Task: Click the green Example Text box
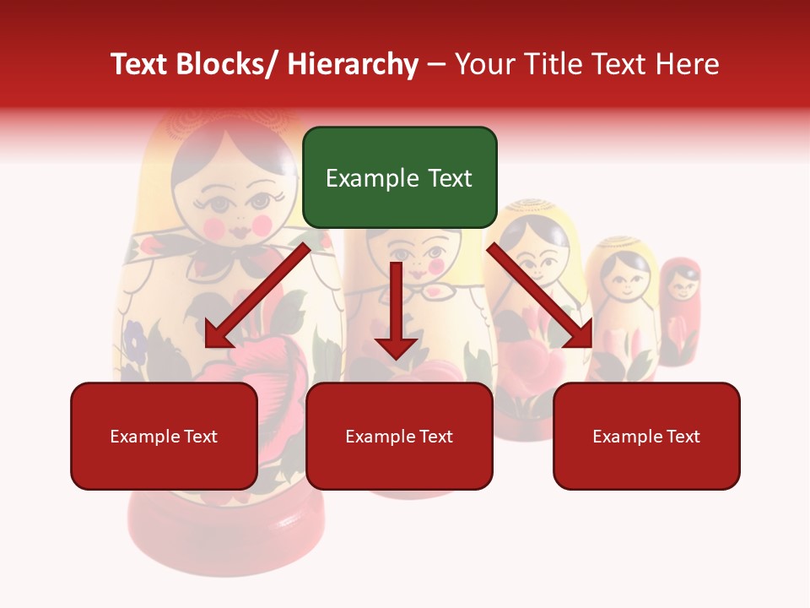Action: pos(399,177)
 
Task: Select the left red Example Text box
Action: pos(164,436)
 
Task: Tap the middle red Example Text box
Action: pos(399,436)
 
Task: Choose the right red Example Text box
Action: pos(646,436)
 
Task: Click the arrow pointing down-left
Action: pos(256,296)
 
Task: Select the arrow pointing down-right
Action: pos(541,296)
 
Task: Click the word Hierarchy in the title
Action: pos(353,64)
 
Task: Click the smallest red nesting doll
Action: pos(679,308)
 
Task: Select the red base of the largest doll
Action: pos(226,532)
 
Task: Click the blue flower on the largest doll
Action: pos(135,338)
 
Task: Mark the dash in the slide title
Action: pos(436,65)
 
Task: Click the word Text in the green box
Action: pos(448,178)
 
